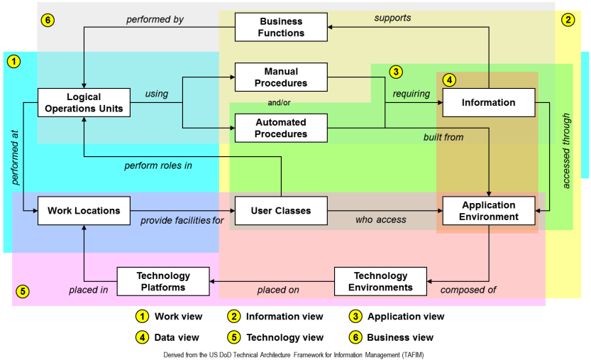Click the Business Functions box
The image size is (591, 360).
281,27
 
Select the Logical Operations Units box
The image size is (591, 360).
84,103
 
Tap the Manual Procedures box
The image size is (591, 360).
281,77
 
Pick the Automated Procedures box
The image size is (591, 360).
281,129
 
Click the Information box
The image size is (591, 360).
488,102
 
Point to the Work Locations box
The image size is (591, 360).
84,211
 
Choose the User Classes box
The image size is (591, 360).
281,211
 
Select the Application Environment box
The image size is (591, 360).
488,211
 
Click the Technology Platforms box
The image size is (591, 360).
163,281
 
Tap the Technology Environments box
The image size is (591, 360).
381,281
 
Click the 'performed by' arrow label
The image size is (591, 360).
155,20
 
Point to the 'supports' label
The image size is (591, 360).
392,17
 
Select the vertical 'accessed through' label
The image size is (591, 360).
566,150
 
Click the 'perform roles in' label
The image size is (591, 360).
159,166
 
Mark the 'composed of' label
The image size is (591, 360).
468,290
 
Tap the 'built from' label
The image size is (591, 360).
443,137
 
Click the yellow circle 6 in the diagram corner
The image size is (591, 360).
48,20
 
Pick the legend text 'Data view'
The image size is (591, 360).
177,337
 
